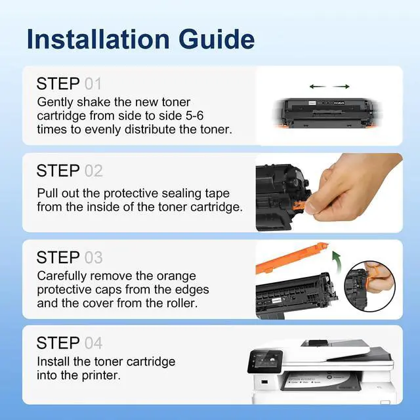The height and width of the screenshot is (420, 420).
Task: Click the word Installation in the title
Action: [x=98, y=39]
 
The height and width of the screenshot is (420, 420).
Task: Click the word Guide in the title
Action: [x=217, y=39]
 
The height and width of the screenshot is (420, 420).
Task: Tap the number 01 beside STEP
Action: [x=93, y=84]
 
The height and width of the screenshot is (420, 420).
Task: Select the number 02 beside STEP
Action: [x=93, y=171]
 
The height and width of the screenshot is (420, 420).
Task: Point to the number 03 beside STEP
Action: [x=93, y=258]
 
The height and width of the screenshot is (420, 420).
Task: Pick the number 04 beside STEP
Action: [x=93, y=343]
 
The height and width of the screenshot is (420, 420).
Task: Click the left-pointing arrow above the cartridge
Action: [x=318, y=86]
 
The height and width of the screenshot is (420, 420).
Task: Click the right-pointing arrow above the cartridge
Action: [x=341, y=86]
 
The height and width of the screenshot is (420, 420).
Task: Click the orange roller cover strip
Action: [x=292, y=258]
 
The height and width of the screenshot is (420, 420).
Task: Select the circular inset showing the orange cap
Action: [x=369, y=286]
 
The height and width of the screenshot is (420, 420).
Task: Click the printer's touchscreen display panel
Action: [x=265, y=362]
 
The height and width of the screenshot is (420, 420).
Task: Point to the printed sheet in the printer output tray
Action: [x=319, y=383]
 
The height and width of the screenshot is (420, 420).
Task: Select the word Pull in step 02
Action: [x=47, y=193]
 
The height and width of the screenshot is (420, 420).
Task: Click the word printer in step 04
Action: [x=101, y=375]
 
